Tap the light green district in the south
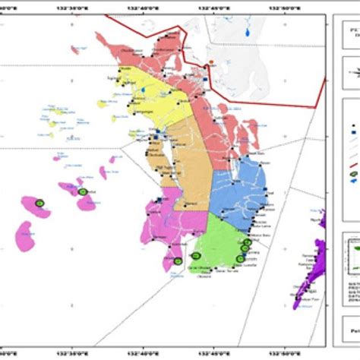(220, 243)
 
